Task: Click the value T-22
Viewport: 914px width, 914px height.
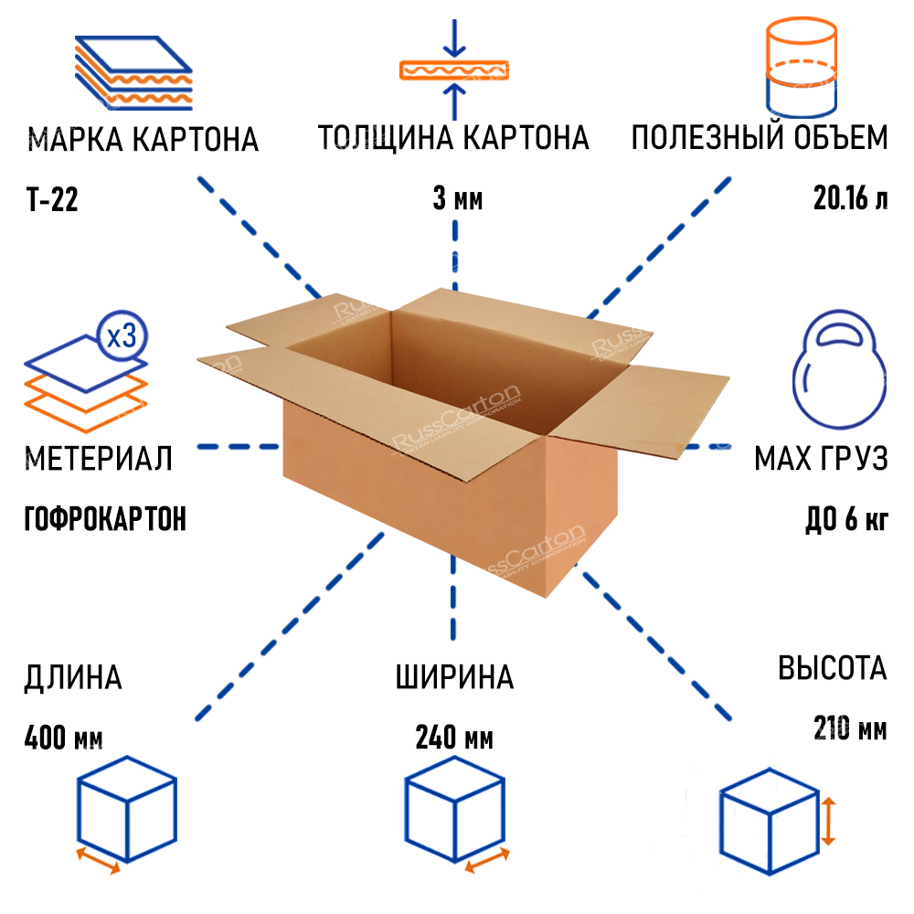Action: point(52,199)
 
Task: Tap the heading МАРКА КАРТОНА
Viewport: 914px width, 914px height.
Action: point(143,141)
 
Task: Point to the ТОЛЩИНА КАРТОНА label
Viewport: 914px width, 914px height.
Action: point(453,139)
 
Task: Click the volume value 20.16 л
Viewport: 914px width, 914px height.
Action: point(850,199)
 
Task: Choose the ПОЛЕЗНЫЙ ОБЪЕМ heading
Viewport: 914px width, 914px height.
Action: point(759,139)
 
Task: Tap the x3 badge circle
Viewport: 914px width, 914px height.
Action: point(122,337)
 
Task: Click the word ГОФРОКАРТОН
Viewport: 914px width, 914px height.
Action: point(104,519)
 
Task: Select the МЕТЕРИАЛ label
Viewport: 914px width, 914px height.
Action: point(99,458)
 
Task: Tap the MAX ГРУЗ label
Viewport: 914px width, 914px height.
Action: point(820,458)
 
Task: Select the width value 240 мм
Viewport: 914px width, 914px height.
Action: point(454,737)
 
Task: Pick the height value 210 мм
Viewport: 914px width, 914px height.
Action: point(849,729)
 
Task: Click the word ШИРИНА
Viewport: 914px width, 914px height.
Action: point(454,678)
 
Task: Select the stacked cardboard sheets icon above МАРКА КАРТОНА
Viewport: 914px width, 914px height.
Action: point(133,74)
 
